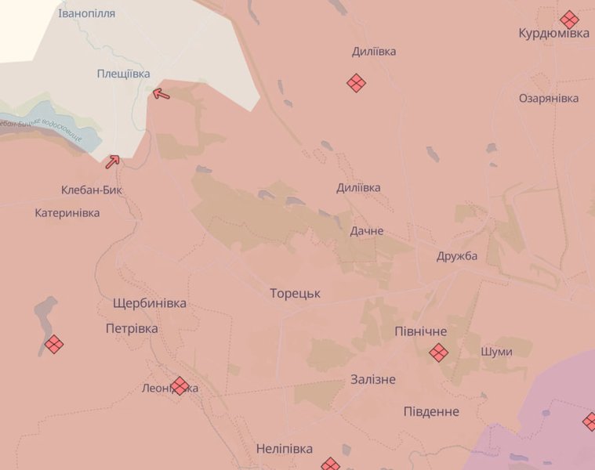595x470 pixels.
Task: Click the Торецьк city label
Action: click(x=295, y=294)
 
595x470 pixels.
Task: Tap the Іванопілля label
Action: click(x=86, y=13)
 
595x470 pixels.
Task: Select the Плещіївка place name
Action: click(x=123, y=73)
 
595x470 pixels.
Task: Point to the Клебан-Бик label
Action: click(x=92, y=190)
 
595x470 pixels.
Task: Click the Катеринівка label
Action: click(x=67, y=212)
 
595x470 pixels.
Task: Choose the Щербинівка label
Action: click(x=149, y=303)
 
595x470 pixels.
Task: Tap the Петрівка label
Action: click(x=132, y=328)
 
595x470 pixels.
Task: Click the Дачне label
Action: click(x=367, y=231)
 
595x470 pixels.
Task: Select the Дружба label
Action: click(x=457, y=256)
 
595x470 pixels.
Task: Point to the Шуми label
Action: click(x=496, y=352)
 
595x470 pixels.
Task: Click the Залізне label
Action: click(x=372, y=379)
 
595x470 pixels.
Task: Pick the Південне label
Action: click(x=431, y=411)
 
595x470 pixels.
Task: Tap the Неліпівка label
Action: click(x=284, y=449)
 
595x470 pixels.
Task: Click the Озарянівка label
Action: click(x=549, y=98)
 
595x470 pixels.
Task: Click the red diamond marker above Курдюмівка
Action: click(x=569, y=20)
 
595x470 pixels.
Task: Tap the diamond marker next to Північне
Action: click(x=439, y=353)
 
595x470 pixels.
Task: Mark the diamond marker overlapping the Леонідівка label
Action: click(x=180, y=385)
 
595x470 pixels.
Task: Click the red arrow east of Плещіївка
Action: click(x=161, y=94)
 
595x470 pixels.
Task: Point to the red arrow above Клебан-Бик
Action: click(x=112, y=161)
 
